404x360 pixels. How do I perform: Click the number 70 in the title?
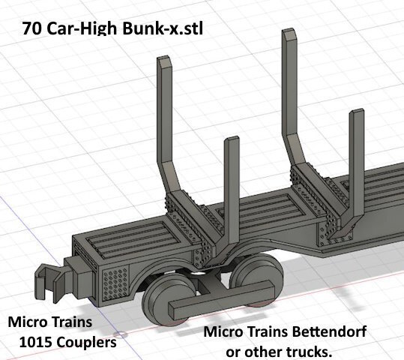click(x=31, y=28)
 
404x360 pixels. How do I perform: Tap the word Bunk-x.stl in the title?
click(x=163, y=28)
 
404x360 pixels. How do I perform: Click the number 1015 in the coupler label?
click(x=35, y=343)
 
